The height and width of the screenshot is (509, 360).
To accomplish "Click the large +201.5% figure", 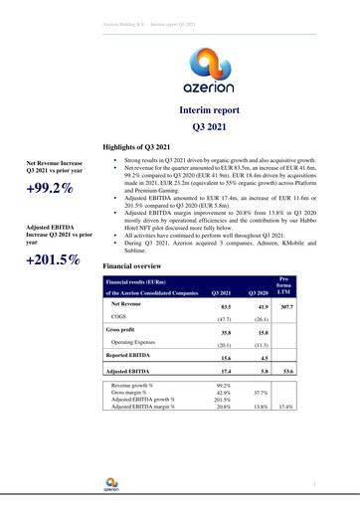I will click(x=53, y=260).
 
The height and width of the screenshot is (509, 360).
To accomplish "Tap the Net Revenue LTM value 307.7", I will click(x=284, y=307).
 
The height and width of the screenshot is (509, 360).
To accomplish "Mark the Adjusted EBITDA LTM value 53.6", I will click(x=284, y=371).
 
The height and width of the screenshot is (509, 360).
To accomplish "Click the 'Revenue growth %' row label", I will click(x=138, y=383).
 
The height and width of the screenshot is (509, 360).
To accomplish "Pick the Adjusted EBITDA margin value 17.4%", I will click(x=285, y=408).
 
